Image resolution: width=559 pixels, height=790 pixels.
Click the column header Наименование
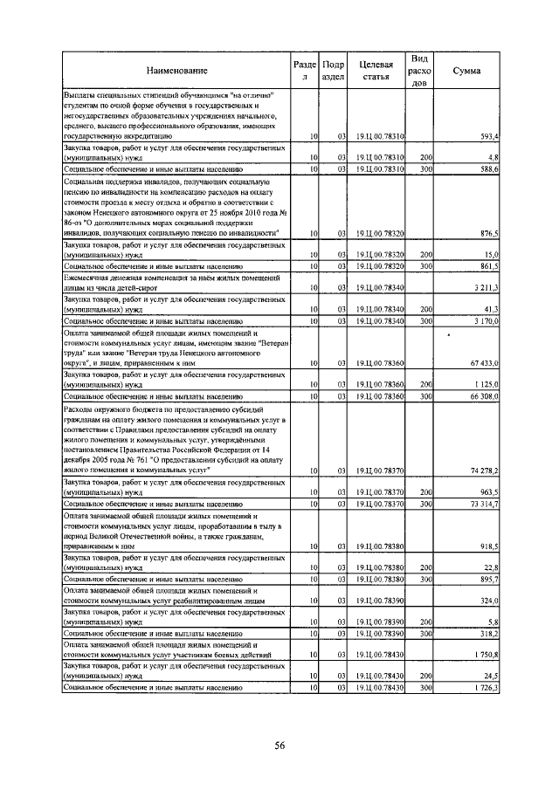(x=176, y=70)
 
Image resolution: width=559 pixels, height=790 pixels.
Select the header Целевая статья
(x=374, y=70)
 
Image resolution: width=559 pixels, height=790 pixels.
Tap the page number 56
(x=280, y=745)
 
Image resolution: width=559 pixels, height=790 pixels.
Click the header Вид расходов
(x=419, y=70)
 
